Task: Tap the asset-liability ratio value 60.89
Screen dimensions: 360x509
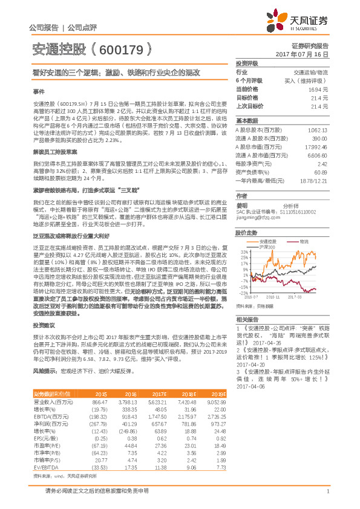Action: coord(321,172)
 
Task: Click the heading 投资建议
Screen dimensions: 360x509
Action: coord(42,325)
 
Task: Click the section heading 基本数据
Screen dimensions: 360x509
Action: coord(247,120)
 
